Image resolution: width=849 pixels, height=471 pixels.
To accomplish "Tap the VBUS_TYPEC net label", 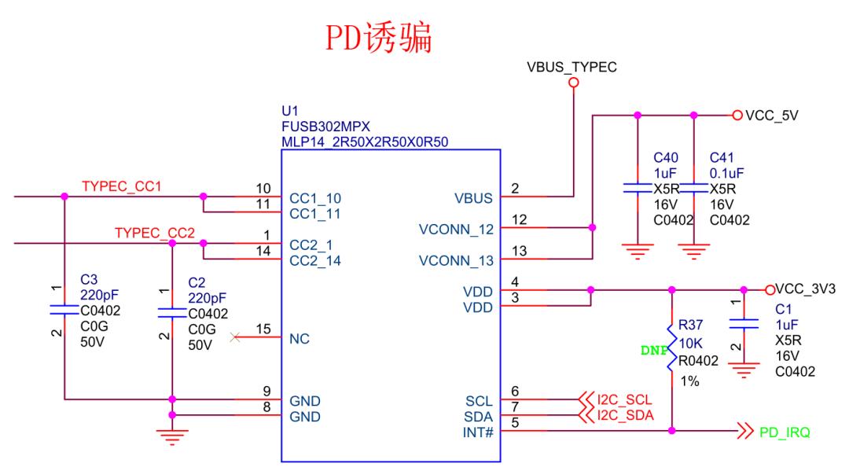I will click(572, 68).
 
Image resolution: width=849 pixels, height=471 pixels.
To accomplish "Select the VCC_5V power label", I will click(771, 115).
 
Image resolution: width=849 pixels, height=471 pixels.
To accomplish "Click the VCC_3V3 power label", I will click(806, 289).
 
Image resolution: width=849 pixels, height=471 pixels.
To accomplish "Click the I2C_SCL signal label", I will click(625, 399).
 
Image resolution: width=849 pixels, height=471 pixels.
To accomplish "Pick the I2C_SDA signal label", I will click(625, 415).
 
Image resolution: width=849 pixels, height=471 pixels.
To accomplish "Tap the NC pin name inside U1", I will click(300, 339).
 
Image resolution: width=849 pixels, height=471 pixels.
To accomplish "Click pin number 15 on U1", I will click(268, 331).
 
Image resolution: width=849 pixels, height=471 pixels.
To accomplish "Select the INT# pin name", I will click(478, 432).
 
